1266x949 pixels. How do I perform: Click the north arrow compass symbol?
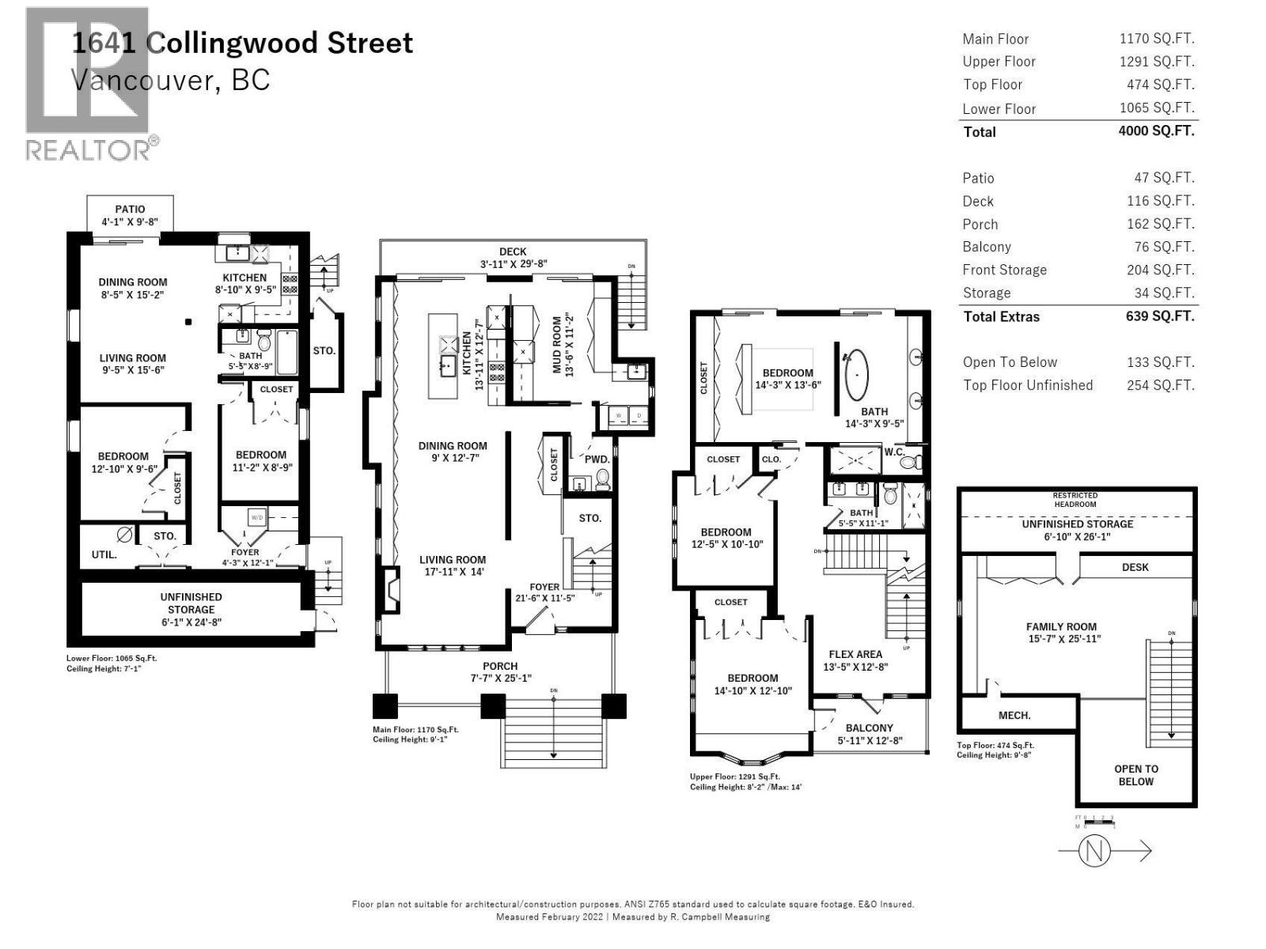pos(1096,851)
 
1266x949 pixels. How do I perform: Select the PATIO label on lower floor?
pos(130,210)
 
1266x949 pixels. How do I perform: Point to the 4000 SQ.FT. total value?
pos(1156,131)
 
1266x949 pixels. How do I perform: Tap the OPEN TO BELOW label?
pos(1135,775)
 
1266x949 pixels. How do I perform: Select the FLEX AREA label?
pos(855,654)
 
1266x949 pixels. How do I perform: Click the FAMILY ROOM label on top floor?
pos(1061,626)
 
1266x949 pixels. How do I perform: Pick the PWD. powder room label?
pos(597,459)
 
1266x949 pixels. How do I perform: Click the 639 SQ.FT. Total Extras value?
pos(1160,316)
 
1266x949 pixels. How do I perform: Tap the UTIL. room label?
pos(104,554)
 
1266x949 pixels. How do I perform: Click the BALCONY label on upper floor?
pos(869,728)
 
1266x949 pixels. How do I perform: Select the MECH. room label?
pos(1014,715)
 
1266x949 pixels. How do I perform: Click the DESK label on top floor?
pos(1135,567)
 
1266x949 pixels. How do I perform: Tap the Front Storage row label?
pos(1004,270)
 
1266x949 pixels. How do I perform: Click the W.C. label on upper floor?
pos(894,452)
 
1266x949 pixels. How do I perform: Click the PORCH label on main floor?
pos(500,666)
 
